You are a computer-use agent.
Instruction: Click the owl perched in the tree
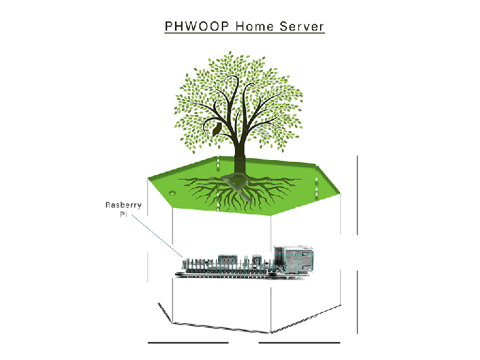click(x=217, y=129)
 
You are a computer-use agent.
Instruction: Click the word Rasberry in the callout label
click(x=123, y=204)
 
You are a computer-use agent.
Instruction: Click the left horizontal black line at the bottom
click(x=188, y=342)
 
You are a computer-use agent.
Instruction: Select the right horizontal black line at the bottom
click(x=299, y=342)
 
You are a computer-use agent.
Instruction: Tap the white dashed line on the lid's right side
click(x=317, y=187)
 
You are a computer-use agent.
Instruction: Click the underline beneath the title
click(x=244, y=34)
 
